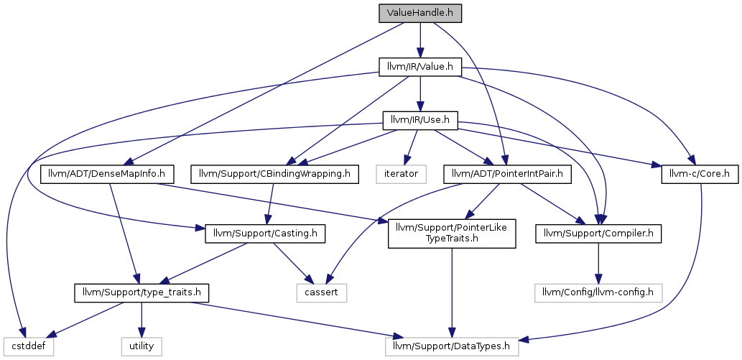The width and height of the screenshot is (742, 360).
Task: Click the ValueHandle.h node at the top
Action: click(x=419, y=13)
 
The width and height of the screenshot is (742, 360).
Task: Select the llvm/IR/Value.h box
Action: click(x=419, y=68)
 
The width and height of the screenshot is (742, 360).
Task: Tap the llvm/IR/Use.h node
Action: click(x=419, y=121)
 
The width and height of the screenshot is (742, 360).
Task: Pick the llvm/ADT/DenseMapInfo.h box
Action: click(x=108, y=174)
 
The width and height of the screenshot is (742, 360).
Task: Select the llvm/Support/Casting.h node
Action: click(x=265, y=234)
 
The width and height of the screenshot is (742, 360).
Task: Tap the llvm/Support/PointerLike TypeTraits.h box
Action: click(x=452, y=234)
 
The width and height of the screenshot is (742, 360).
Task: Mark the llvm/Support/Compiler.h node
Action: click(x=598, y=234)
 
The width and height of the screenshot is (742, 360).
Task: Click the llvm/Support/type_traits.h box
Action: click(x=141, y=293)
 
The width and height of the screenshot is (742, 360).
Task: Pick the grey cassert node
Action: click(x=322, y=293)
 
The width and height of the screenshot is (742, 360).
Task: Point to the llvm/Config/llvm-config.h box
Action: click(x=598, y=293)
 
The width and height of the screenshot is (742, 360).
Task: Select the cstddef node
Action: click(x=29, y=346)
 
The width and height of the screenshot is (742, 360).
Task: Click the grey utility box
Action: click(x=142, y=346)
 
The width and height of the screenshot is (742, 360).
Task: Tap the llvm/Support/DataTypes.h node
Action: click(x=452, y=346)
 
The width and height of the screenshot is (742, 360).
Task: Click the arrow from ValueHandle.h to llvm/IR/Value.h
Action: click(x=419, y=40)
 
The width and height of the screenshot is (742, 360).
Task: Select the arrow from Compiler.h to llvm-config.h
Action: click(x=598, y=264)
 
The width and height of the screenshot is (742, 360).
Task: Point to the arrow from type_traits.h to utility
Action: click(x=142, y=320)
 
